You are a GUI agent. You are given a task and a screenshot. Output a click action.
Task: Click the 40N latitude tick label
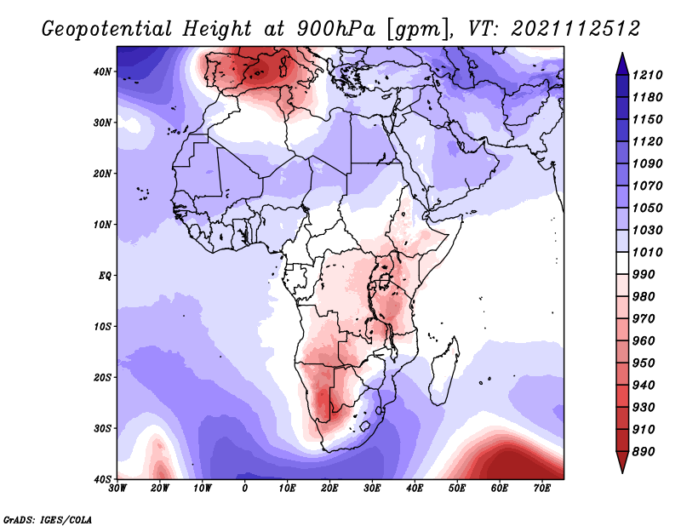[x=102, y=71]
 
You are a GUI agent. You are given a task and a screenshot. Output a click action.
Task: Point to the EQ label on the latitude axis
[x=105, y=276]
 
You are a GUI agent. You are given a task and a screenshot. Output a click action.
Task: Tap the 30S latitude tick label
[x=102, y=428]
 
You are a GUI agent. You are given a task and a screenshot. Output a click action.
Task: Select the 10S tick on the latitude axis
[x=102, y=326]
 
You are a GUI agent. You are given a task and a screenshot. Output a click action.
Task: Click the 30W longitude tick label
[x=117, y=489]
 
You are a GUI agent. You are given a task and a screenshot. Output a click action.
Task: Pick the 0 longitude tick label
[x=245, y=489]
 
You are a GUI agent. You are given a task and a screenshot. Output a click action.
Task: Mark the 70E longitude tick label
[x=541, y=489]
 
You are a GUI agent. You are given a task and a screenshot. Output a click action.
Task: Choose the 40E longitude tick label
[x=415, y=489]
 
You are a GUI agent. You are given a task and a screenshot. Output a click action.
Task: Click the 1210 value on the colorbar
[x=647, y=75]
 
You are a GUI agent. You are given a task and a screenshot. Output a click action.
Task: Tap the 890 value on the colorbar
[x=643, y=452]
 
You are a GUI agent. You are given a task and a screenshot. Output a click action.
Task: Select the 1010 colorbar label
[x=647, y=252]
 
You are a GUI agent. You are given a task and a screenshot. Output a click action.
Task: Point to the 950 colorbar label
[x=643, y=363]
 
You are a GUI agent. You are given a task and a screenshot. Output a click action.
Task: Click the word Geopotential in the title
[x=107, y=30]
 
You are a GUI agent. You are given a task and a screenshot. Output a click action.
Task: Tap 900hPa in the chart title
[x=336, y=29]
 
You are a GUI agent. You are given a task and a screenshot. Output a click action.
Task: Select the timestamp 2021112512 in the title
[x=575, y=29]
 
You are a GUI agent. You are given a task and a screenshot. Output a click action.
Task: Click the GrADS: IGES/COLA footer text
[x=48, y=520]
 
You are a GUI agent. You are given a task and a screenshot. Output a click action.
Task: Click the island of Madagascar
[x=444, y=371]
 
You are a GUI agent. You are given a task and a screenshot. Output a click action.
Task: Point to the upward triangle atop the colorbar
[x=622, y=64]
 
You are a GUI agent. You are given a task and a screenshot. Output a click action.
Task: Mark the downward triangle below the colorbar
[x=622, y=462]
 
